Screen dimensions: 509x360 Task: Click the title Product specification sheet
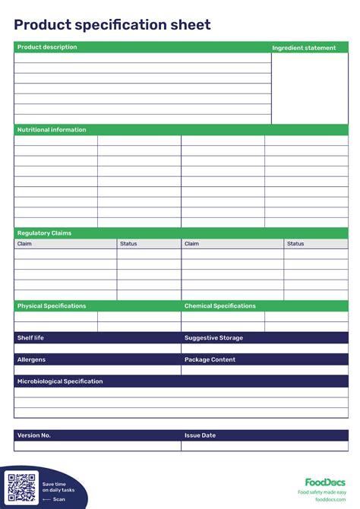tap(112, 25)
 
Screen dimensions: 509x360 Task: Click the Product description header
tap(47, 47)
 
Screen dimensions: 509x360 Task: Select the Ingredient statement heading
tap(304, 48)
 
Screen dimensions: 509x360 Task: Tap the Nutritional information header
tap(52, 130)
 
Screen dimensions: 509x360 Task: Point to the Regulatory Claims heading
tap(44, 233)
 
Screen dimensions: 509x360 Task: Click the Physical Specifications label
tap(52, 306)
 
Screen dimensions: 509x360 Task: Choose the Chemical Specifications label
tap(220, 306)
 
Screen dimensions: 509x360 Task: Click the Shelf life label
tap(30, 337)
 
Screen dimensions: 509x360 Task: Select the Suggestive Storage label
tap(213, 337)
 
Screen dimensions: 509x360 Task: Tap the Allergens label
tap(32, 359)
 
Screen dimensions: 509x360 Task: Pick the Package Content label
tap(210, 359)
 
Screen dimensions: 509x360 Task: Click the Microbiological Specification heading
tap(60, 381)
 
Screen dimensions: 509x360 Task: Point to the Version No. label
tap(34, 435)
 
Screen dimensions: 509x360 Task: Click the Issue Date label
tap(200, 435)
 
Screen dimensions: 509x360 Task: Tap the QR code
tap(21, 487)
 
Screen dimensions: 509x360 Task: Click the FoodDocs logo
tap(325, 482)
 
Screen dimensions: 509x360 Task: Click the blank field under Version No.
tap(97, 446)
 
